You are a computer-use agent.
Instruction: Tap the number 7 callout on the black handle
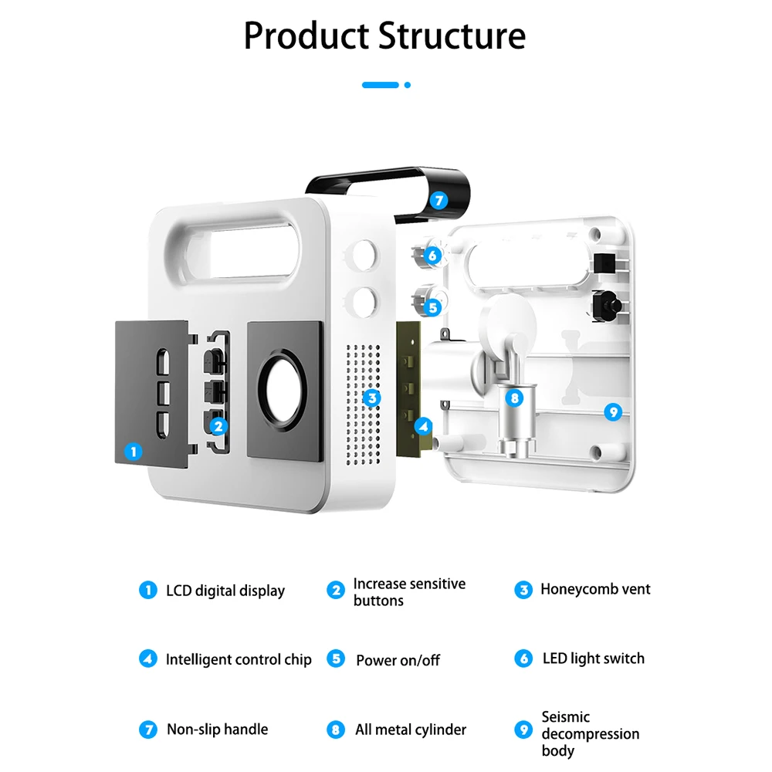point(438,200)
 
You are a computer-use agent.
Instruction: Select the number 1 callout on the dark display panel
point(134,451)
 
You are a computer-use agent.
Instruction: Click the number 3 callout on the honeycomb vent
point(372,398)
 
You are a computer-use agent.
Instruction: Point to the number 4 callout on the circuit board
point(423,425)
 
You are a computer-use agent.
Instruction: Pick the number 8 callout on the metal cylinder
point(514,398)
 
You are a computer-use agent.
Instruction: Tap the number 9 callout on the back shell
point(612,411)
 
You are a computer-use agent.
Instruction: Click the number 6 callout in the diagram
point(432,256)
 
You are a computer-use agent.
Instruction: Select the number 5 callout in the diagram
point(432,307)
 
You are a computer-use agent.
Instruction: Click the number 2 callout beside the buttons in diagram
point(218,425)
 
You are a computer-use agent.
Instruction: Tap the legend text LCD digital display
point(225,591)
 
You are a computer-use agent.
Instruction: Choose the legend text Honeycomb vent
point(595,589)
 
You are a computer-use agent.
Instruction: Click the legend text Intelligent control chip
point(239,659)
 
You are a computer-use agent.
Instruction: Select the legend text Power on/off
point(398,660)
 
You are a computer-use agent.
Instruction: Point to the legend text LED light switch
point(593,659)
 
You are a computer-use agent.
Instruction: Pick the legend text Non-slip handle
point(218,729)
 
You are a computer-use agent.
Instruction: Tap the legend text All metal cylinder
point(411,729)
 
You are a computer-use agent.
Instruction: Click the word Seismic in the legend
point(565,716)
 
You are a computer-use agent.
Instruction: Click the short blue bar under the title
point(381,85)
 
